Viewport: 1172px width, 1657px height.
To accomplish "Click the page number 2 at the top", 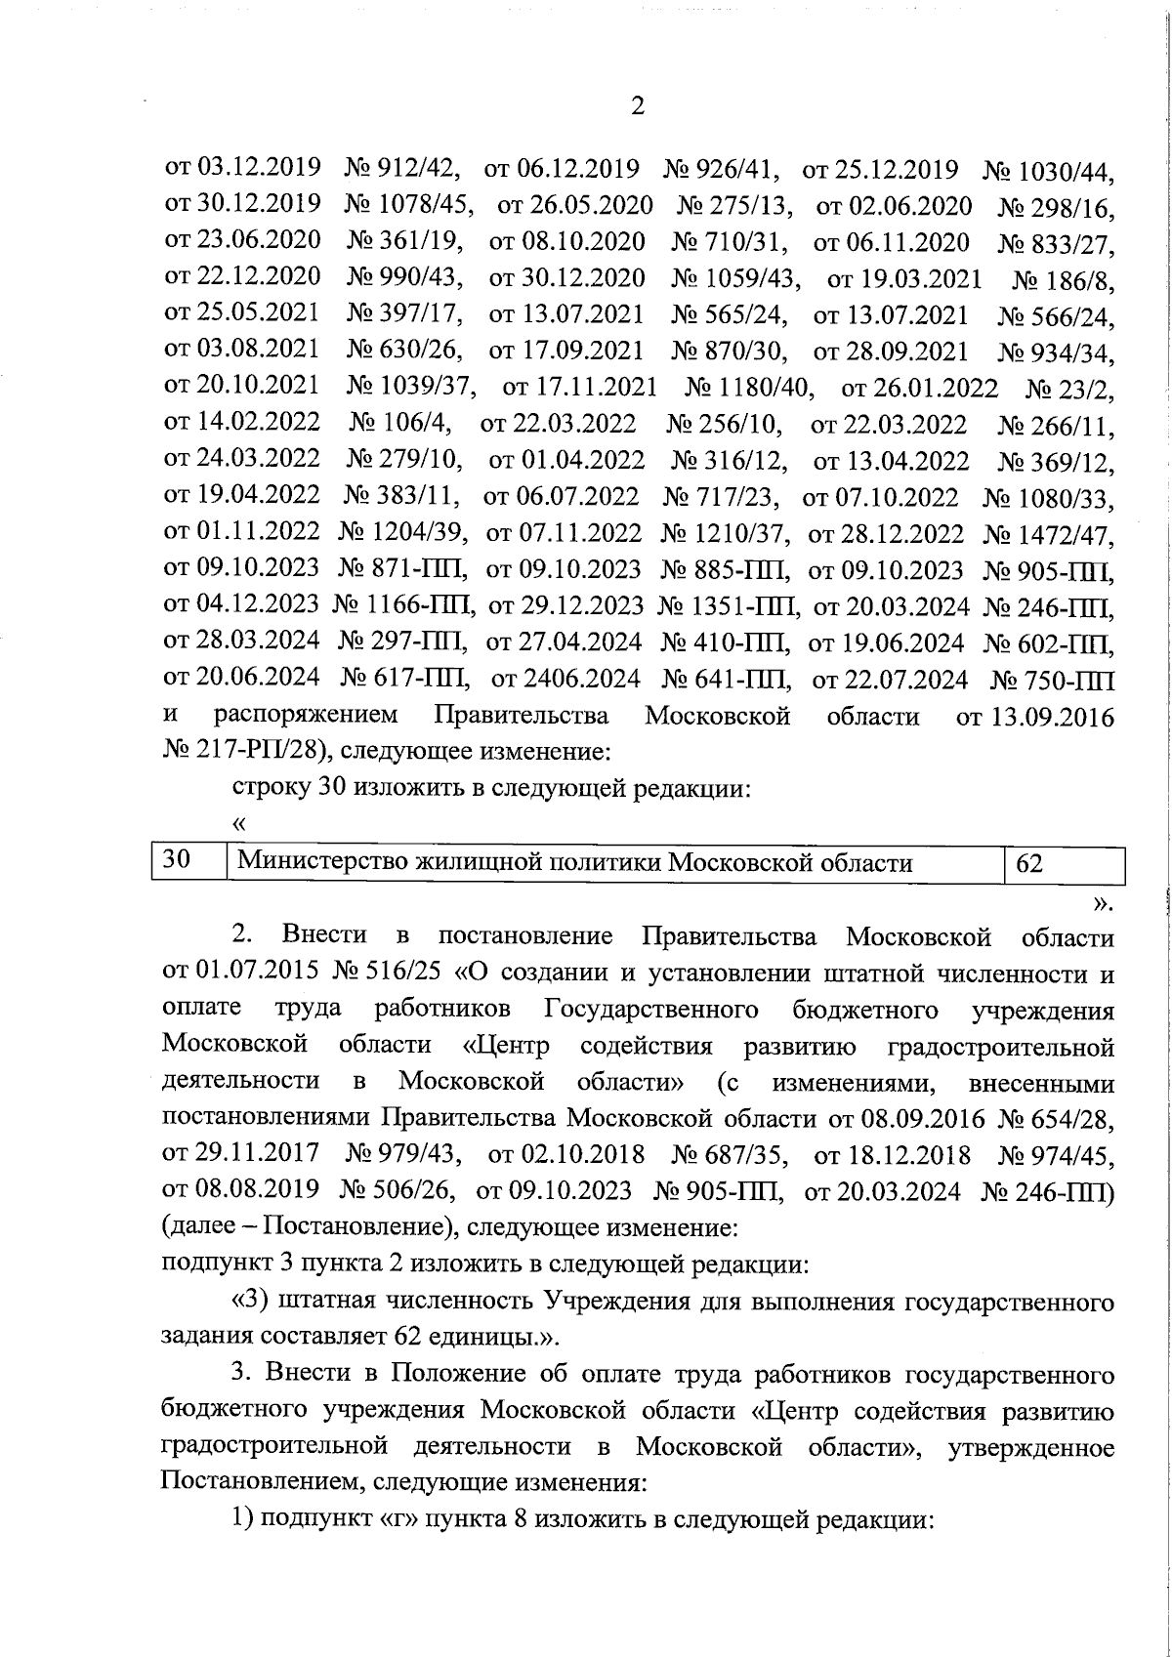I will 638,106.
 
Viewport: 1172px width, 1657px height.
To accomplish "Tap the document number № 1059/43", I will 735,278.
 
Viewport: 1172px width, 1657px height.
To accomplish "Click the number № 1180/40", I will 749,389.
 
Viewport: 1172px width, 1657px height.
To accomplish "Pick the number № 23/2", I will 1069,391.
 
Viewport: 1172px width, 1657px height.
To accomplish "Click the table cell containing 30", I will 188,862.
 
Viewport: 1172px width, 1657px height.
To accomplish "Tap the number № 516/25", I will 390,973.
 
